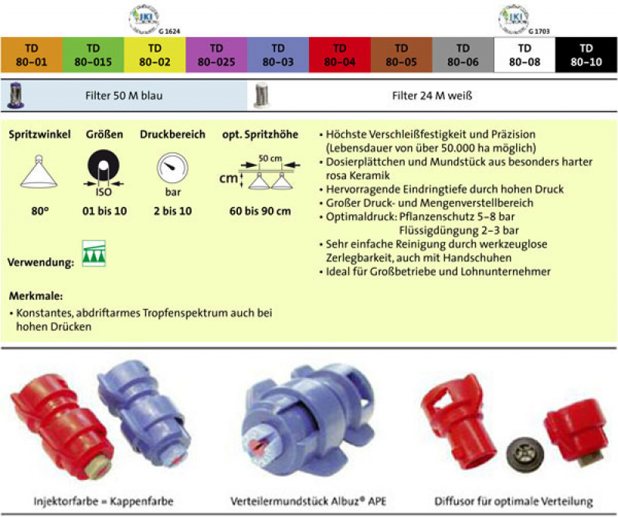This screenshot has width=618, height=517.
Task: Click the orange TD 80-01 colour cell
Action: click(x=31, y=54)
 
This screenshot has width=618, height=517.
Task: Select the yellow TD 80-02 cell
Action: click(x=154, y=54)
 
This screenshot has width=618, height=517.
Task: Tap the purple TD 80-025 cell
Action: click(x=216, y=54)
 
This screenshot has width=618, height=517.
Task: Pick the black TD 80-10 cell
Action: click(x=587, y=54)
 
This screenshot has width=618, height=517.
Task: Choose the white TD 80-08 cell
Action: click(x=525, y=54)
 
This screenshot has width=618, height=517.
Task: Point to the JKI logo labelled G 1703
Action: click(x=512, y=16)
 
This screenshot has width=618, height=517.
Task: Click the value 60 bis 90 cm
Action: click(x=260, y=211)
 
